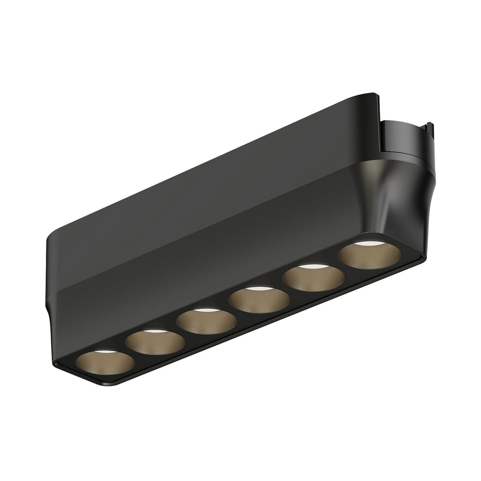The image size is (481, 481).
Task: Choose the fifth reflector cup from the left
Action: tap(315, 277)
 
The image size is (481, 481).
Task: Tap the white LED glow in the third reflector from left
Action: tap(204, 310)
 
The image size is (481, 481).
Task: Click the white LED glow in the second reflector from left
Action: tap(152, 331)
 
